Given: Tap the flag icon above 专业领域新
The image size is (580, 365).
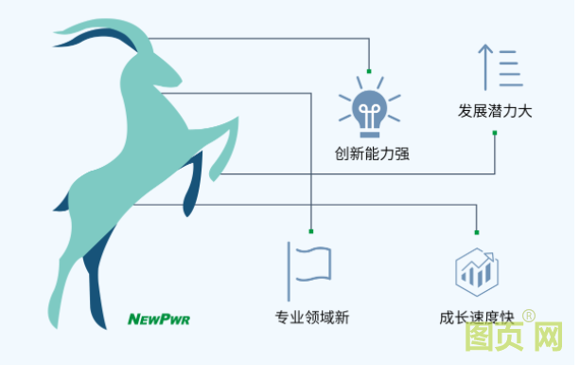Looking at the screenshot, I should [309, 267].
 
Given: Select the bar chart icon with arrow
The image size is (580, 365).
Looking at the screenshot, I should [476, 269].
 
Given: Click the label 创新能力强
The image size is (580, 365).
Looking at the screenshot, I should [371, 152].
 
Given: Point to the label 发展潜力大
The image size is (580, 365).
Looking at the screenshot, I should [495, 111].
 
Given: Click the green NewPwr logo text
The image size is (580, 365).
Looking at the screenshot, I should [159, 319].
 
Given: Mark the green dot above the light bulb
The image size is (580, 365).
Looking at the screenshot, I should [369, 72].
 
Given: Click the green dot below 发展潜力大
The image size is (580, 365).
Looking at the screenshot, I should [495, 133].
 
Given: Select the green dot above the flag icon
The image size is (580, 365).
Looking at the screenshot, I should [310, 229].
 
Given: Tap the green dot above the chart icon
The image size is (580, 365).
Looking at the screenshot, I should [477, 230].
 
